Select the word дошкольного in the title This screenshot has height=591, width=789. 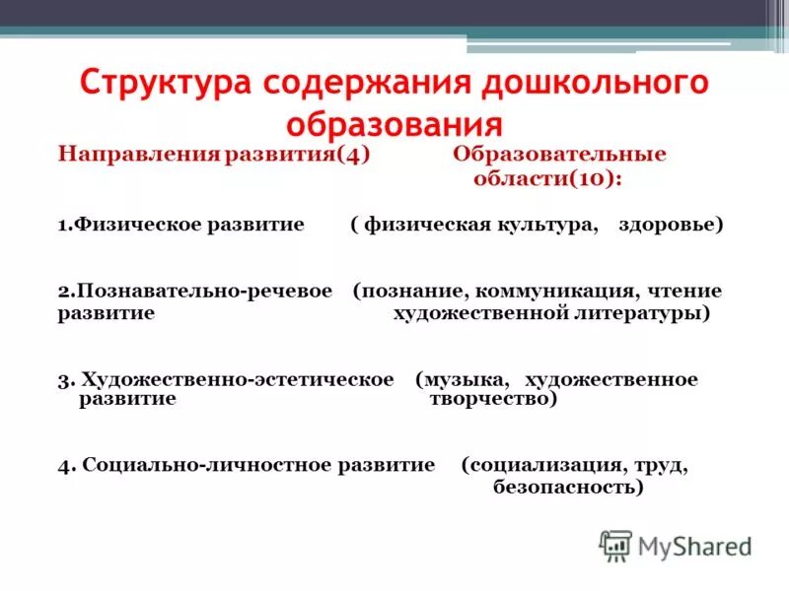[595, 84]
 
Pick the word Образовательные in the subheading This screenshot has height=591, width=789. [559, 156]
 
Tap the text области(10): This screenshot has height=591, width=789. [548, 180]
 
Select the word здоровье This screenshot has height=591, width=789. [671, 225]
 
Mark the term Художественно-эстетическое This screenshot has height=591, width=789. [238, 379]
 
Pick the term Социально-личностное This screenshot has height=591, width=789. [207, 465]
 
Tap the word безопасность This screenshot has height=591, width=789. [566, 487]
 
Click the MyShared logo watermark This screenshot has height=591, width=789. [676, 545]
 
